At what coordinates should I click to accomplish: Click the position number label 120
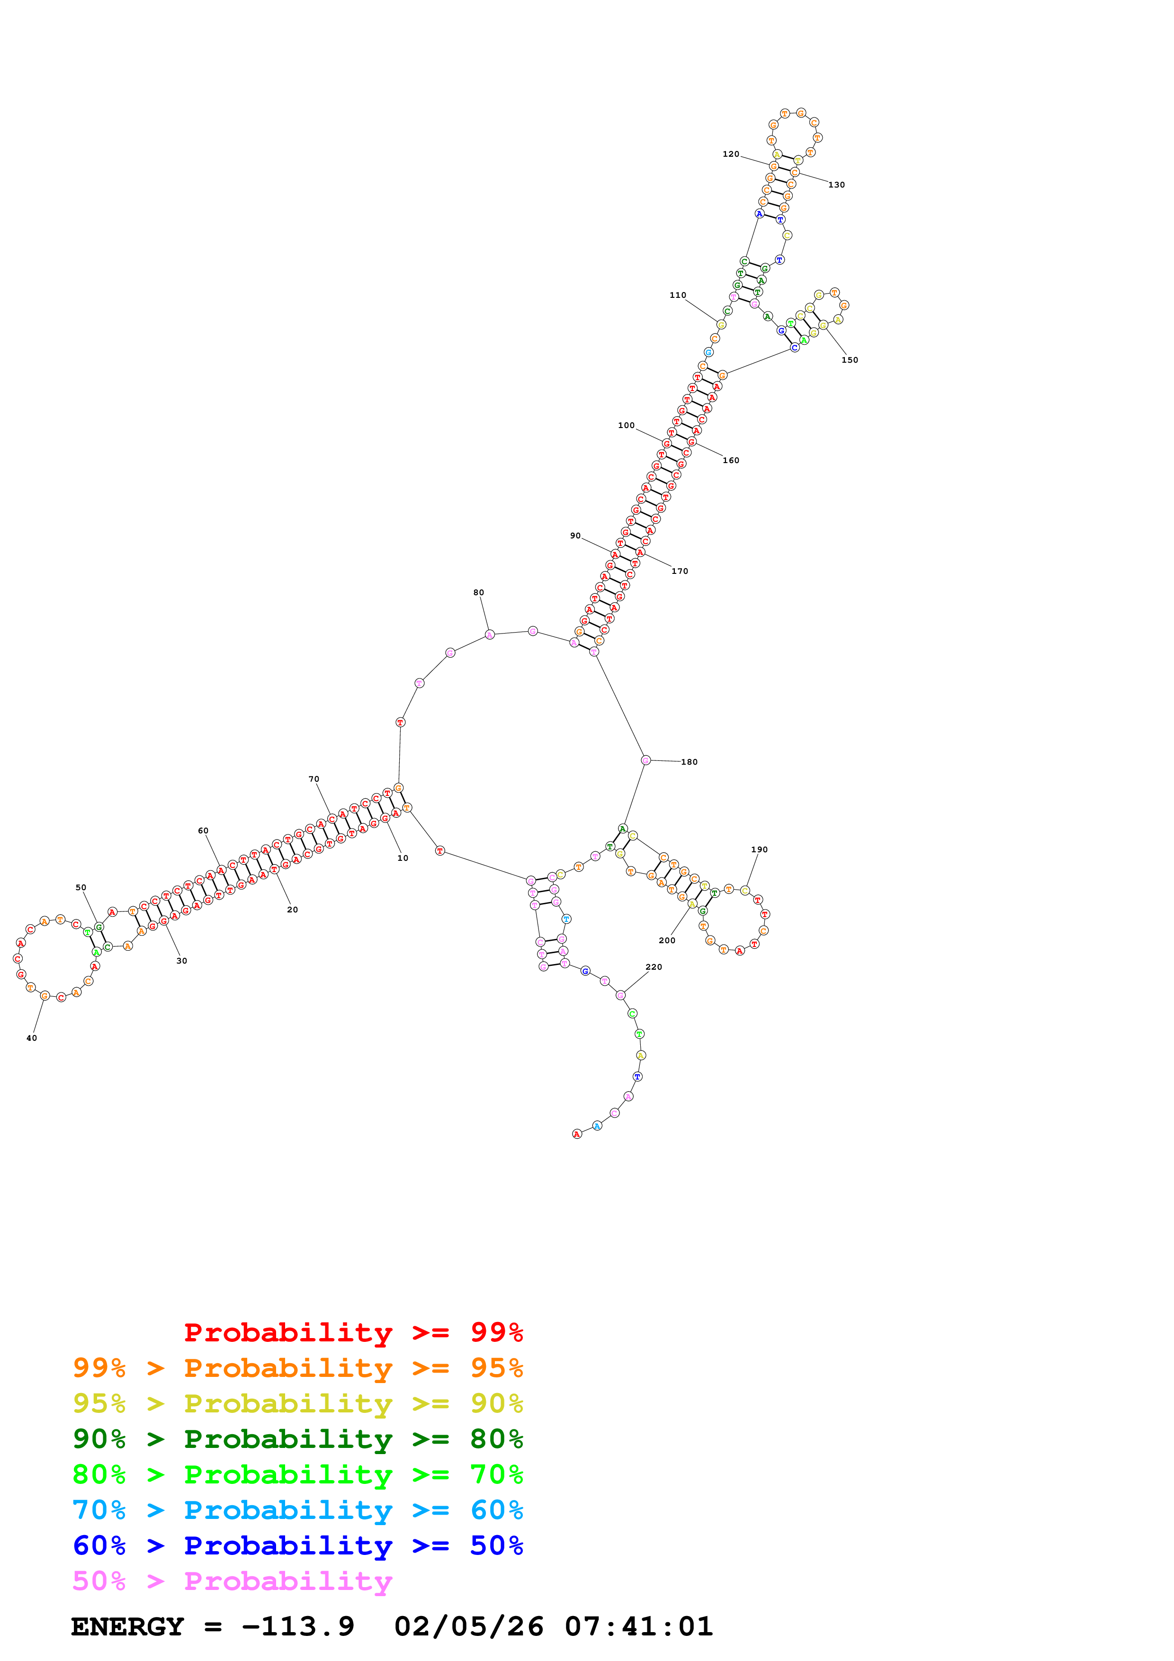coord(731,154)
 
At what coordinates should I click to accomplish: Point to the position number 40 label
coord(32,1038)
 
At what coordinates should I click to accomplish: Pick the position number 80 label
coord(478,592)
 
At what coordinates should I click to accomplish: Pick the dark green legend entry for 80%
coord(297,1439)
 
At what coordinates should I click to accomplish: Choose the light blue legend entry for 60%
coord(297,1510)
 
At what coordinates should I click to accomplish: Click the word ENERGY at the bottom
coord(127,1626)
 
